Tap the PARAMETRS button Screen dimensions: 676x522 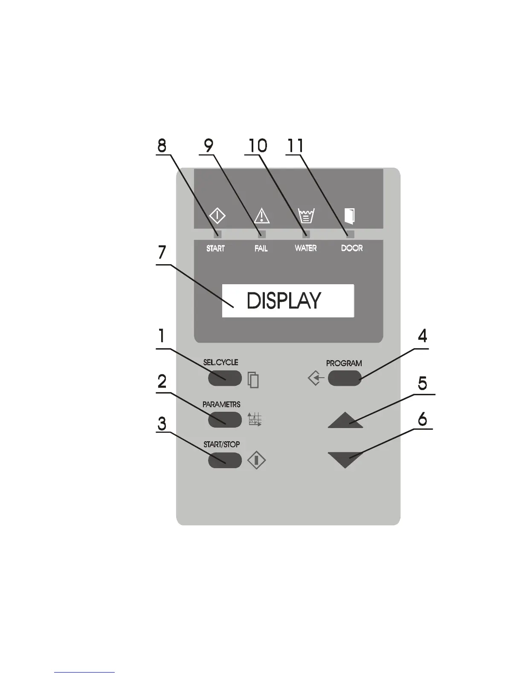(225, 420)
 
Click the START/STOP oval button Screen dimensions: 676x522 (225, 460)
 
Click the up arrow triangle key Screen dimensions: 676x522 (345, 420)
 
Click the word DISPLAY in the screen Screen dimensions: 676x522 (284, 301)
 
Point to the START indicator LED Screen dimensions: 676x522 (217, 234)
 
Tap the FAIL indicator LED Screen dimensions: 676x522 (262, 234)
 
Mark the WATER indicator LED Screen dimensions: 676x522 (306, 234)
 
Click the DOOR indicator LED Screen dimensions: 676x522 (350, 234)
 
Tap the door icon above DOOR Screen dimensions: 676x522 (350, 216)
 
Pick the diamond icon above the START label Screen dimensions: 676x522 (217, 216)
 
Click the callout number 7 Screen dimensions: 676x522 (162, 253)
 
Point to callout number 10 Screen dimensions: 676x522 (257, 146)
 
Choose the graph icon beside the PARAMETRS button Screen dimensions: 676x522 (255, 420)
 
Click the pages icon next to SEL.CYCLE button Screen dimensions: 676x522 (253, 380)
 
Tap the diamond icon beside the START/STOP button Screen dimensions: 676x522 (256, 460)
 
